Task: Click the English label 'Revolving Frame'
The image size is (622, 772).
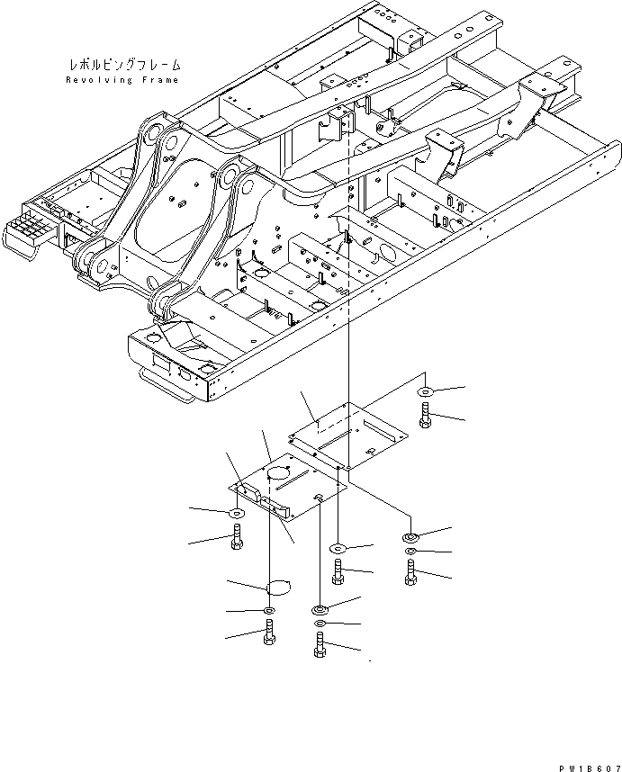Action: coord(122,80)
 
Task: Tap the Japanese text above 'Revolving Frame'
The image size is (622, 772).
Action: coord(123,66)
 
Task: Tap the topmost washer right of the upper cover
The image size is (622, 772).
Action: coord(425,392)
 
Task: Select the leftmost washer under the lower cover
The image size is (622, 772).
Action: coord(237,513)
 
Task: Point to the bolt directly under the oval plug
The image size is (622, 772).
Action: coord(269,635)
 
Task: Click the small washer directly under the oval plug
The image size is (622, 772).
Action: coord(269,612)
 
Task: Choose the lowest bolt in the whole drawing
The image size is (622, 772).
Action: coord(320,645)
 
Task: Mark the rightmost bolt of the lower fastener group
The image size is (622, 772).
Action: coord(410,571)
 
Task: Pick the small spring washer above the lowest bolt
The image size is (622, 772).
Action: coord(320,623)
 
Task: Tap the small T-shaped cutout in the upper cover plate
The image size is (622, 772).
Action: coord(370,449)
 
